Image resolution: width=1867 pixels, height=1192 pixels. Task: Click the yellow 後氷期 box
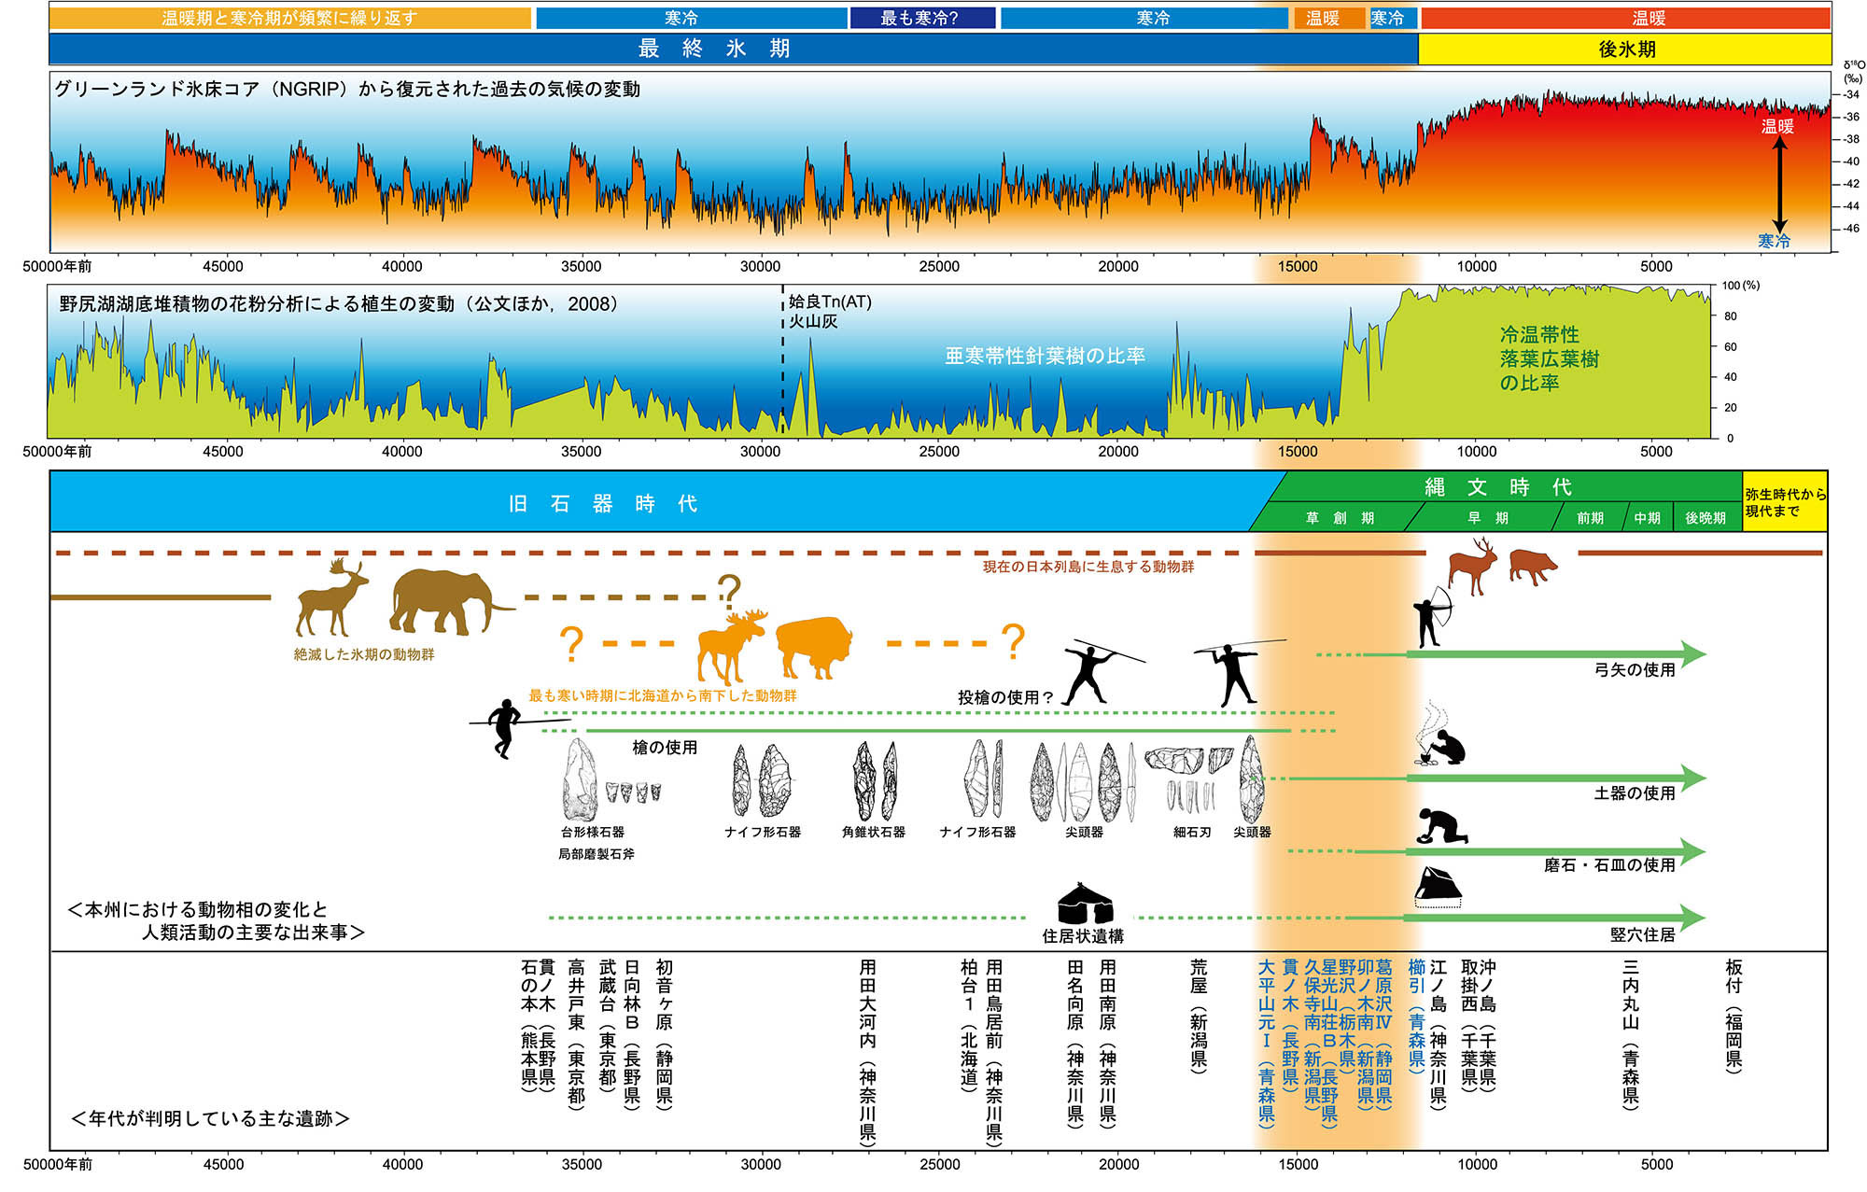pos(1624,49)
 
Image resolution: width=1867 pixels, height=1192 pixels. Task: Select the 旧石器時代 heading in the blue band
pos(602,504)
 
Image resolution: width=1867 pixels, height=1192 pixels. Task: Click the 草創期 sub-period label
pos(1340,518)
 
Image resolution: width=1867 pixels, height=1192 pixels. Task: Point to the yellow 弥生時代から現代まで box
pos(1785,502)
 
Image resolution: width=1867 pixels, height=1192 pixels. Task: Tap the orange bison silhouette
pos(814,645)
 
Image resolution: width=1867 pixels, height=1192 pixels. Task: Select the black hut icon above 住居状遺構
pos(1085,904)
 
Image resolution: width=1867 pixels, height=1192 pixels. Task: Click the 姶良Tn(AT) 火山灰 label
pos(829,311)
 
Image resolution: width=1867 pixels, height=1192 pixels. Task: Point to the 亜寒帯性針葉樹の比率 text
pos(1045,356)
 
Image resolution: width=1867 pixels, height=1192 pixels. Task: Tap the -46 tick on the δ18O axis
pos(1850,229)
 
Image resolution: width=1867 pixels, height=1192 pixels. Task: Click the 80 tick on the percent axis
pos(1730,316)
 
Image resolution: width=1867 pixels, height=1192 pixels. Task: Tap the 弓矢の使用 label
pos(1635,669)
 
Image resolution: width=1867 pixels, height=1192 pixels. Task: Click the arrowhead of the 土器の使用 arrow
pos(1693,778)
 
